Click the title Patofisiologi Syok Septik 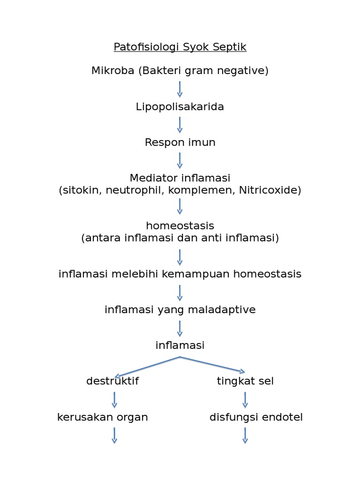pos(180,47)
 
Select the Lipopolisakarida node pos(180,107)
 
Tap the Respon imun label pos(180,142)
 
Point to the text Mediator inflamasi pos(180,178)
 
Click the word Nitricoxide pos(270,190)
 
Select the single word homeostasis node pos(180,226)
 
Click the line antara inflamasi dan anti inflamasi pos(180,238)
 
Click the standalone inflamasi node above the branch pos(180,345)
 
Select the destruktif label pos(112,381)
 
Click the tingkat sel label pos(245,381)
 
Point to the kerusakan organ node pos(103,417)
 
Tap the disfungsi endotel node pos(256,417)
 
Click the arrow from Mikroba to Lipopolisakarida pos(180,89)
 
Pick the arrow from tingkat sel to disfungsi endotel pos(245,399)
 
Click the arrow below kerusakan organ pos(114,435)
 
